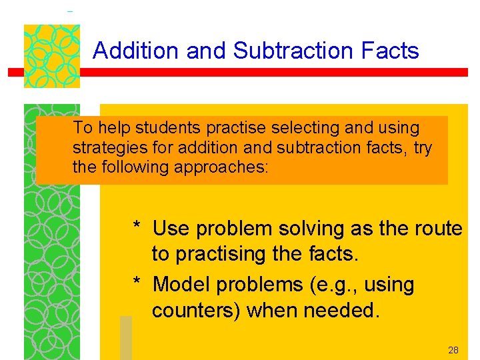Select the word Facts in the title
[393, 51]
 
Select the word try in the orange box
[423, 147]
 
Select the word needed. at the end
[341, 310]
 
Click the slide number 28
[453, 350]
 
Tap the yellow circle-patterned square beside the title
[52, 56]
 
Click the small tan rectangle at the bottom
[125, 337]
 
